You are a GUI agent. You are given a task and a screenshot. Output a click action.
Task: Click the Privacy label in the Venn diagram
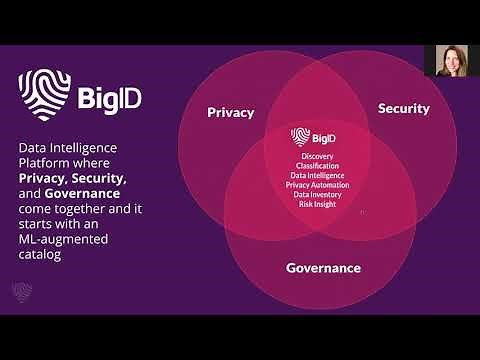point(231,112)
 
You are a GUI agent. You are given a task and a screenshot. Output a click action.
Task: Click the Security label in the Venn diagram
point(403,108)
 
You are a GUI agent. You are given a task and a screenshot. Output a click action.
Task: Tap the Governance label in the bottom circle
point(323,268)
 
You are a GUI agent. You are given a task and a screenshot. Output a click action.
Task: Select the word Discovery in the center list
point(315,156)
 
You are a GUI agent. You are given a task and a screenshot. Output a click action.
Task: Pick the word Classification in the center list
point(315,166)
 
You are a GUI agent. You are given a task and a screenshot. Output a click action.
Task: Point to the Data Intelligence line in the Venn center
point(315,175)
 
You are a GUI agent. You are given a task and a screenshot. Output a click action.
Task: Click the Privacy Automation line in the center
point(315,185)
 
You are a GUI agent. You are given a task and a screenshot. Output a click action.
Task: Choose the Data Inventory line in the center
point(315,194)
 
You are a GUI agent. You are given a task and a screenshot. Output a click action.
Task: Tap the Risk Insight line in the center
point(315,204)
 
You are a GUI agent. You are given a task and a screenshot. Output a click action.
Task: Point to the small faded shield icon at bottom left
point(22,292)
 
